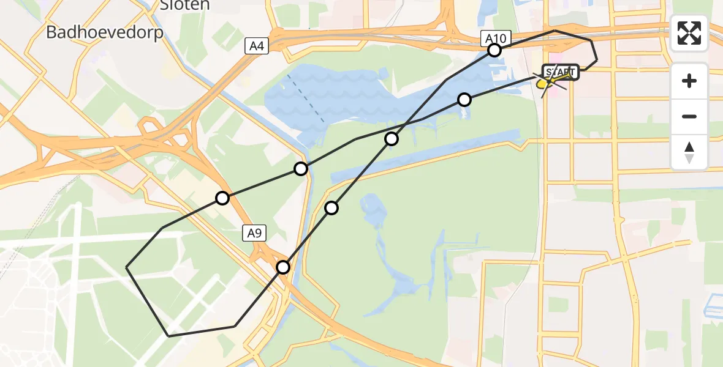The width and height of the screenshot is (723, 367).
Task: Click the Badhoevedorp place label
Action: tap(105, 32)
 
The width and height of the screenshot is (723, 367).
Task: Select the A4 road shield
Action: tap(257, 45)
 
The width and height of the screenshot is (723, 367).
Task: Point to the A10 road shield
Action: tap(495, 39)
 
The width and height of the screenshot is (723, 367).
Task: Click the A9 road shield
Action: tap(255, 232)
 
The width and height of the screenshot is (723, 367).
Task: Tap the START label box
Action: tap(560, 73)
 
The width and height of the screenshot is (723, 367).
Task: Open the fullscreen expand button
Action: tap(689, 33)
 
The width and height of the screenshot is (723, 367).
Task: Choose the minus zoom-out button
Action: tap(689, 116)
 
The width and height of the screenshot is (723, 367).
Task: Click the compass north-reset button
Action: tap(689, 152)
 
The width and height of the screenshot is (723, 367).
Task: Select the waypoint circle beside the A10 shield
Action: tap(494, 50)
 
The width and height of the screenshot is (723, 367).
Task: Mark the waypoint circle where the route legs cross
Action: tap(392, 139)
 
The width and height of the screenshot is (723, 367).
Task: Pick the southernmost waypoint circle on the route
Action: tap(283, 267)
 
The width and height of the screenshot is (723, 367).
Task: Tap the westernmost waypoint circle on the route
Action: tap(222, 198)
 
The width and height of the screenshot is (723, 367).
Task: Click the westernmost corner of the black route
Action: tap(126, 267)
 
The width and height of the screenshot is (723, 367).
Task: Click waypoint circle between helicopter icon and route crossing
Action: tap(464, 99)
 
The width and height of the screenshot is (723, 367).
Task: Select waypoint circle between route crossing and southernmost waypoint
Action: tap(331, 208)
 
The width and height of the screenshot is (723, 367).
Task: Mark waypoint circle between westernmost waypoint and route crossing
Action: tap(301, 169)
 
